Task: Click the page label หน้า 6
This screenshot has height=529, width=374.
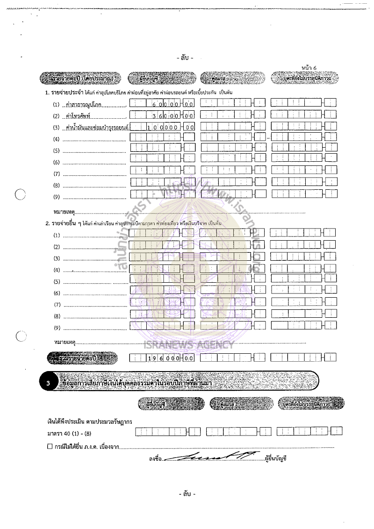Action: point(309,68)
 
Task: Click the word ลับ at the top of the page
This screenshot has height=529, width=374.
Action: point(185,58)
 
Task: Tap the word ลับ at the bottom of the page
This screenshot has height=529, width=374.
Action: point(187,494)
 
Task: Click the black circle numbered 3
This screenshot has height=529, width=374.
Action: point(48,382)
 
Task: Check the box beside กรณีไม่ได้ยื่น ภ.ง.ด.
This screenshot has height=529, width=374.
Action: point(50,446)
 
